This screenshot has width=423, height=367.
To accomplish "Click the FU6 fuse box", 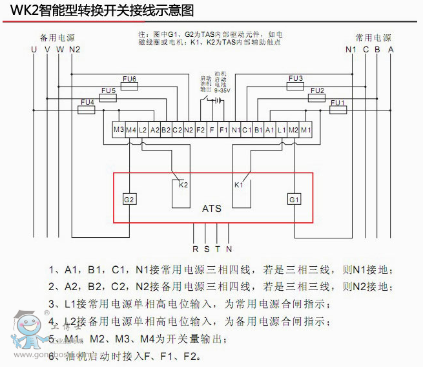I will tap(130, 86).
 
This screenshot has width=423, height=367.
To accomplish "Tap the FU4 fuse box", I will tap(87, 109).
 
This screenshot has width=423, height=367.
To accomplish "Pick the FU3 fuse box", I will tap(295, 86).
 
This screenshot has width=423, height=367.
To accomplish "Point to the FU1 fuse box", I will tap(337, 110).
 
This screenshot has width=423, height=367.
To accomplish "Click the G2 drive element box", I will tap(130, 200).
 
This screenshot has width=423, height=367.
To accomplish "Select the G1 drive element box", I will tap(294, 200).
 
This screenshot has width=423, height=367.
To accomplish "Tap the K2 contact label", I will tap(183, 185).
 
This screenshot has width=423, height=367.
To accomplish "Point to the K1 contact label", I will tap(239, 185).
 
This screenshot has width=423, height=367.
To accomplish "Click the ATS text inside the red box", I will tap(211, 209).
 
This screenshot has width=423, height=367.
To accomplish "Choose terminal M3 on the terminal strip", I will tap(118, 130).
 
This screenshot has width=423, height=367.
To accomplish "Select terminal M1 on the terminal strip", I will tap(305, 130).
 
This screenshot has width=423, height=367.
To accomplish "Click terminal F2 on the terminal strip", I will tap(200, 130).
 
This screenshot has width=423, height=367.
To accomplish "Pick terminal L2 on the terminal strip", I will tap(143, 130).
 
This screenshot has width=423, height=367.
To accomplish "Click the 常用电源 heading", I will tap(373, 38).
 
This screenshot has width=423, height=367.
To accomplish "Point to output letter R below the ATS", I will tap(195, 248).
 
